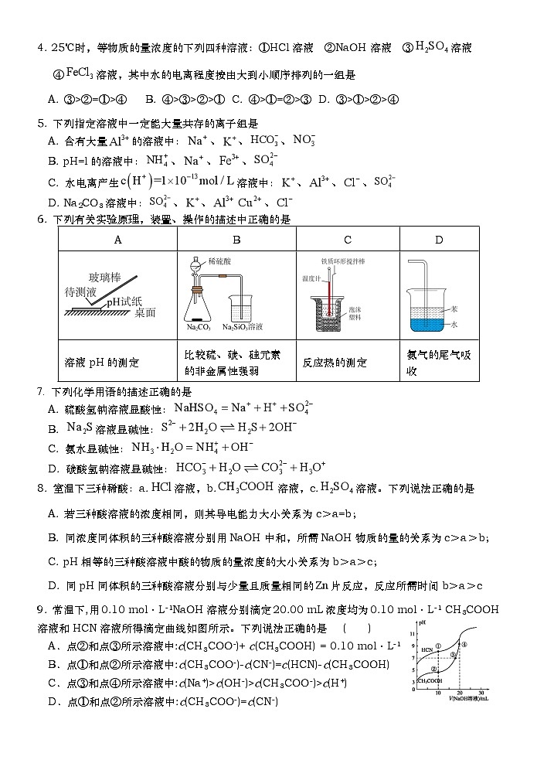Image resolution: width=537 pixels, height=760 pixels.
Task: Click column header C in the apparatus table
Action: (x=347, y=240)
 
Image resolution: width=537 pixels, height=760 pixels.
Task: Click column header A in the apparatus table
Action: (x=117, y=240)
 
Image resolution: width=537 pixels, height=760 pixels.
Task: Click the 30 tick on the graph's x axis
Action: (x=480, y=693)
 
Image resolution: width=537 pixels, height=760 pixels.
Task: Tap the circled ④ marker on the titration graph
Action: (x=464, y=645)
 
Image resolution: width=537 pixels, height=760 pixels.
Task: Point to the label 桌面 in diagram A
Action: (x=145, y=312)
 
